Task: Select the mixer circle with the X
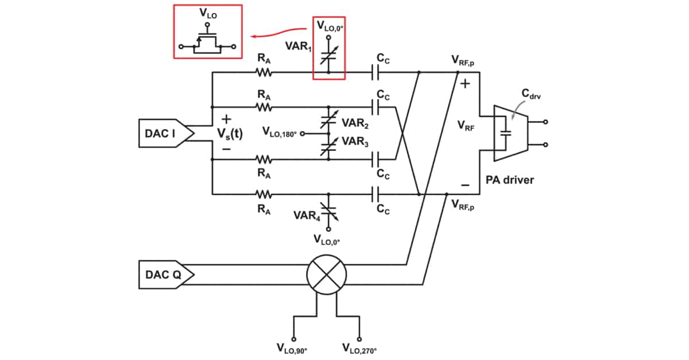(326, 274)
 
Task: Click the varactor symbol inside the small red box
(328, 57)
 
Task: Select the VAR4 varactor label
(305, 216)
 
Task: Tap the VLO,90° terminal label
(293, 348)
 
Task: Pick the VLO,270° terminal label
(360, 348)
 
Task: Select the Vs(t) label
(230, 133)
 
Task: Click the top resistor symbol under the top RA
(264, 72)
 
